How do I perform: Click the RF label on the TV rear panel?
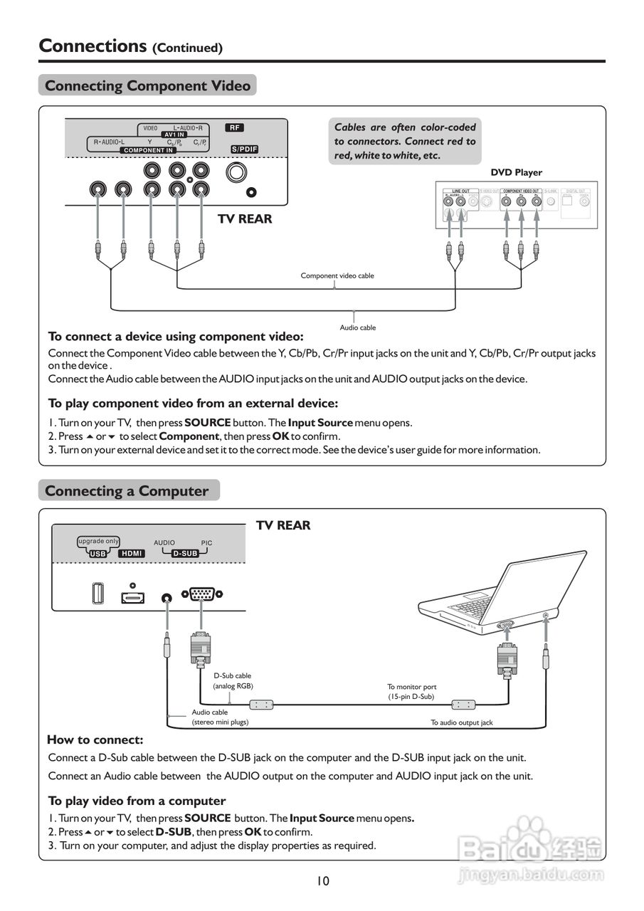click(234, 128)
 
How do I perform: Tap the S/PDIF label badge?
click(244, 149)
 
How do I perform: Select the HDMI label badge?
click(132, 553)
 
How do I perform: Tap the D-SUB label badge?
click(185, 553)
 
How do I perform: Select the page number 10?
click(323, 881)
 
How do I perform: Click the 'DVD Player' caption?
click(516, 172)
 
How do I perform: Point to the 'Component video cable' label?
click(337, 275)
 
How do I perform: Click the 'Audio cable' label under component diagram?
click(357, 327)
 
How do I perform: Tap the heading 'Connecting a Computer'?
click(127, 491)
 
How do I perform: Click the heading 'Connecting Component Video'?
click(147, 86)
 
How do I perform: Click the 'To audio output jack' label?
click(461, 722)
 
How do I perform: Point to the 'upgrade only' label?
click(98, 541)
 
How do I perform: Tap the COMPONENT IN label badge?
click(148, 150)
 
